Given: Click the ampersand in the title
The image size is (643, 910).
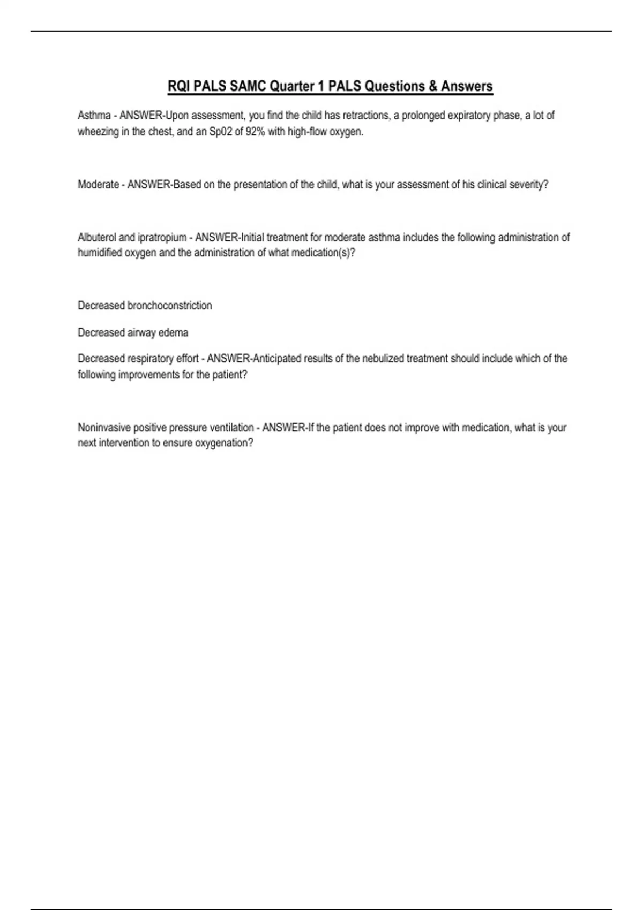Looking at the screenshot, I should pyautogui.click(x=432, y=86).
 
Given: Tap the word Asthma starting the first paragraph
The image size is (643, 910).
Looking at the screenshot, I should pyautogui.click(x=94, y=116).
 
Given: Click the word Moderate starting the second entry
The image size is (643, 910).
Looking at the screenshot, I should pyautogui.click(x=98, y=185).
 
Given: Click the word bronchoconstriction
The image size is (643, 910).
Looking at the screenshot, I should pyautogui.click(x=169, y=306).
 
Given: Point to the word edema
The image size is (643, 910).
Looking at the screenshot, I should pyautogui.click(x=173, y=332).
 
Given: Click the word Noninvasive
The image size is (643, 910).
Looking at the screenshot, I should pyautogui.click(x=104, y=428).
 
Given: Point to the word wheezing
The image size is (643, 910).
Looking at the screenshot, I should pyautogui.click(x=98, y=132).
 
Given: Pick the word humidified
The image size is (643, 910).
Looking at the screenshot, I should pyautogui.click(x=100, y=253).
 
